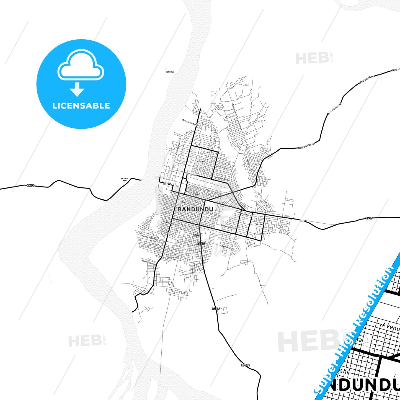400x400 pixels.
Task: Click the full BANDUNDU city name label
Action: (x=195, y=209)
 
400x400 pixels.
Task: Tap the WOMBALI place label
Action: (x=170, y=72)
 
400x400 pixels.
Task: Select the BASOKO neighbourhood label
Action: (x=201, y=161)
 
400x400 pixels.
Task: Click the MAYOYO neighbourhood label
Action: (x=259, y=224)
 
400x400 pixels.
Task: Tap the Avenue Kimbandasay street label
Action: (x=192, y=123)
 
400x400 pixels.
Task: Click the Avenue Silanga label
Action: (x=221, y=167)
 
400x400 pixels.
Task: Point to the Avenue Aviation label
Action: (x=189, y=174)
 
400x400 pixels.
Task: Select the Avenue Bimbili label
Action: (x=223, y=179)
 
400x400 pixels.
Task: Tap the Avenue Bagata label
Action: (x=192, y=193)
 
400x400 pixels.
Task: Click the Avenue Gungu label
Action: (x=212, y=191)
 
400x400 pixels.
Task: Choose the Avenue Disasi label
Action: (x=228, y=247)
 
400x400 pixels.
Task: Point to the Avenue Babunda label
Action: (x=173, y=257)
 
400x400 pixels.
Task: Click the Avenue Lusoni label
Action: (x=149, y=262)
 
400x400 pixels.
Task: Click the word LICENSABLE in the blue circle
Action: (x=81, y=106)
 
